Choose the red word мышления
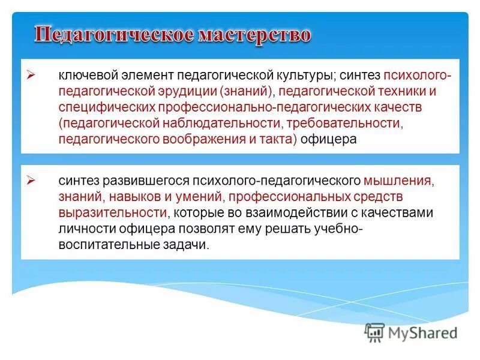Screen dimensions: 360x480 coord(397,181)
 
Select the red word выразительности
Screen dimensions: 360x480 coord(112,212)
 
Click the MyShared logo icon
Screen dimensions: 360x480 coord(374,332)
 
